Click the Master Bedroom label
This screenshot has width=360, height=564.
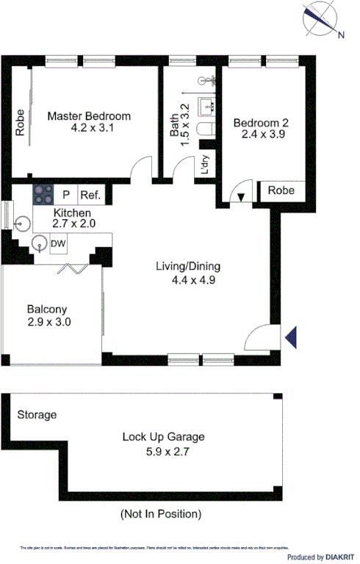(89, 116)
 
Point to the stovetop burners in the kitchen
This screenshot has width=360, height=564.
(43, 194)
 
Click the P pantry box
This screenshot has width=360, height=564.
(67, 195)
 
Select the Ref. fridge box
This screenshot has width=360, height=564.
(90, 195)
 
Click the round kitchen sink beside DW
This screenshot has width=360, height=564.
(40, 243)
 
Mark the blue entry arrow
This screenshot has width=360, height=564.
(291, 337)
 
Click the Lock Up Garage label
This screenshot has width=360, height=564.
(163, 437)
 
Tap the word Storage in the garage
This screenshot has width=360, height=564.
(37, 415)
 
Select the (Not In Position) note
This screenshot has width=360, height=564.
(160, 514)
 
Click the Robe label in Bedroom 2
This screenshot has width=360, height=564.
(281, 190)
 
